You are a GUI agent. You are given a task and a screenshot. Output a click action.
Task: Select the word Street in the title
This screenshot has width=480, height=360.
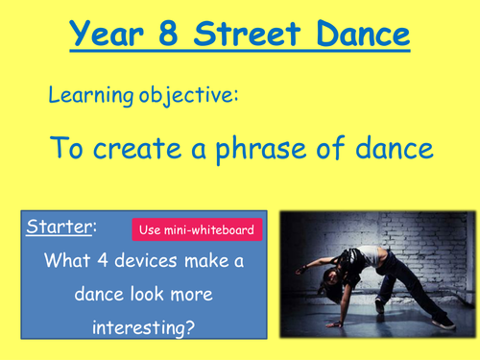[x=254, y=37]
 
